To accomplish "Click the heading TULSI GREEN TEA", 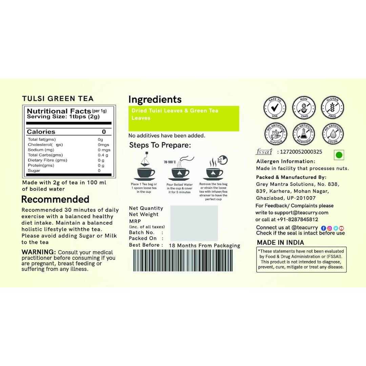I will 58,99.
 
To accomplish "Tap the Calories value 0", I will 104,132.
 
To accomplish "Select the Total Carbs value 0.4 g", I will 103,155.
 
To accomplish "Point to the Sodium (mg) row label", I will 41,150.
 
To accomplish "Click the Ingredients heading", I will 155,100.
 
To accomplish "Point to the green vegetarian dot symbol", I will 339,155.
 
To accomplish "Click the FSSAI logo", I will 264,152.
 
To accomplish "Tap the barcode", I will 183,260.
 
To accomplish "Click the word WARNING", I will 39,252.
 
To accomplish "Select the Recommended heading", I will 55,199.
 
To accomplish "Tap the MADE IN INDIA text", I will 280,243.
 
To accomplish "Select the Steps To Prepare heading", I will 160,145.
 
